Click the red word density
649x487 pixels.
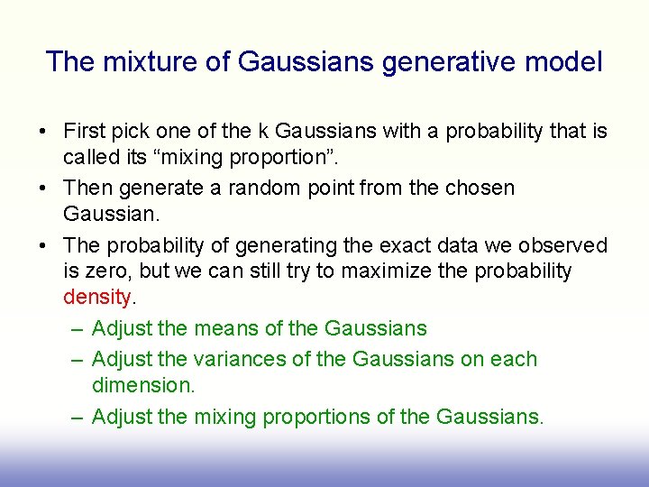click(x=97, y=297)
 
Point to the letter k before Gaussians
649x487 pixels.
click(x=265, y=132)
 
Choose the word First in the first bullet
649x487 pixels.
click(x=84, y=132)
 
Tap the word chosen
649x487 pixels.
click(x=481, y=188)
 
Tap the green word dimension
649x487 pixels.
click(x=142, y=384)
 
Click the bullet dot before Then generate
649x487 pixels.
click(x=43, y=188)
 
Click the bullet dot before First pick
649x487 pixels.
click(x=43, y=132)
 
